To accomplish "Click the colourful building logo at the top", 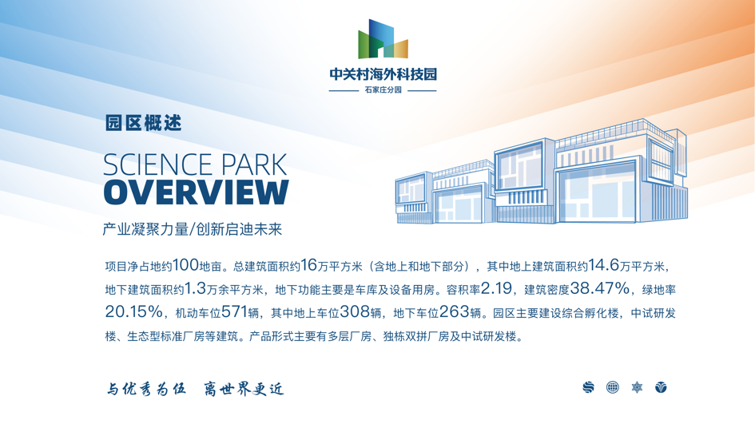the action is (383, 39).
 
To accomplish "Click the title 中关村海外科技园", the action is (383, 74).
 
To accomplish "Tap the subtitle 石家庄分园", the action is (383, 90).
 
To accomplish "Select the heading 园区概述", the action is (144, 123).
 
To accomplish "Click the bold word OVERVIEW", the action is (196, 192).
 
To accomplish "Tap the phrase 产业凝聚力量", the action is (145, 229).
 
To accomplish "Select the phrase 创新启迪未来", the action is (239, 229).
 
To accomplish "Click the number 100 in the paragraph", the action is (185, 264).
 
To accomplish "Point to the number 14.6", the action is (603, 264).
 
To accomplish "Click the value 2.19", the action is (496, 288).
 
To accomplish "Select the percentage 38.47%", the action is (599, 288).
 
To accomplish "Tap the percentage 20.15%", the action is (134, 312).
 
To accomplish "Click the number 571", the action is (235, 312).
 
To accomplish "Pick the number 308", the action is (355, 312).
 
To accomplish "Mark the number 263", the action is (454, 312).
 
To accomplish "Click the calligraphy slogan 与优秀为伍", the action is (146, 388).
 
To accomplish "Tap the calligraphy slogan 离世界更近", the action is (244, 388).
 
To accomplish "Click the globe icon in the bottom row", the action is (613, 387).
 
